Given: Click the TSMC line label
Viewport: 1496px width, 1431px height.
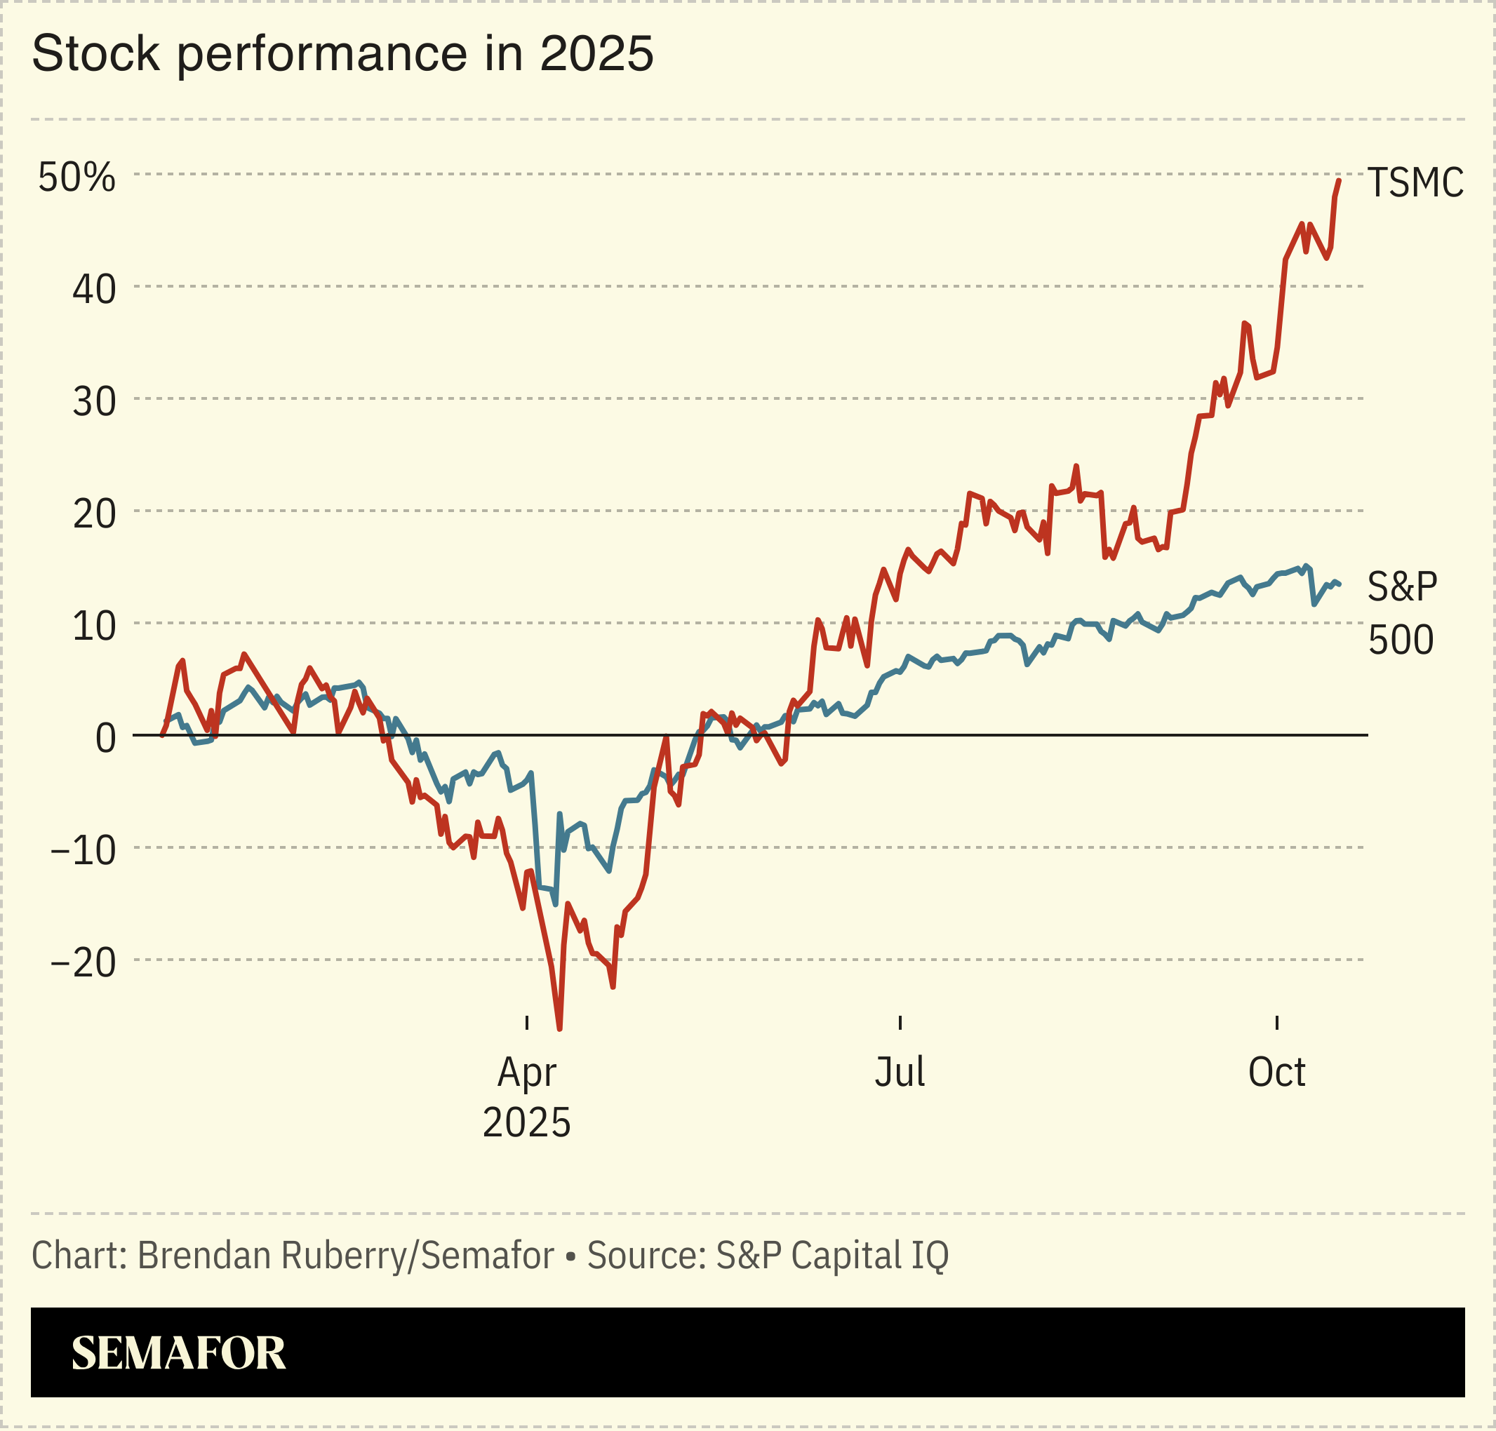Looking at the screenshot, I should coord(1415,183).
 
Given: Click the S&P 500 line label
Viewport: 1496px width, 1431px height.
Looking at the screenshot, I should coord(1401,613).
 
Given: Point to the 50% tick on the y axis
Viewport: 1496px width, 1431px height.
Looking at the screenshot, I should coord(77,177).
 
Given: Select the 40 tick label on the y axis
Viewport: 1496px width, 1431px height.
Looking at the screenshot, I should coord(94,290).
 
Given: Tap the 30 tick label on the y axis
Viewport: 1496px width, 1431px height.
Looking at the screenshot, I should coord(94,402).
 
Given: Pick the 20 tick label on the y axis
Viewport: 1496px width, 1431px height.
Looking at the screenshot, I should coord(94,515).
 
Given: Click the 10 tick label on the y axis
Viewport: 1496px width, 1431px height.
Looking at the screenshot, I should coord(94,627).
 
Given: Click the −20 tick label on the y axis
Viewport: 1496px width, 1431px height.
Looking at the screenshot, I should coord(84,963).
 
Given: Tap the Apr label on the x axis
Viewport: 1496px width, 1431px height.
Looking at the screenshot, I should coord(526,1073).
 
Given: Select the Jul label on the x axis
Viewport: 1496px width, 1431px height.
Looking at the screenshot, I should coord(900,1073).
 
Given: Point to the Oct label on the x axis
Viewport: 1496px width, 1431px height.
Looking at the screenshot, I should coord(1276,1073).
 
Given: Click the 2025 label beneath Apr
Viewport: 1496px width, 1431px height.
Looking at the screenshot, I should coord(526,1123).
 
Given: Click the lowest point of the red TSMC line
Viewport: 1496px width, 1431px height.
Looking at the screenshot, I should coord(559,1029).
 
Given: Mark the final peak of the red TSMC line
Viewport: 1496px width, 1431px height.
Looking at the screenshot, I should coord(1339,181).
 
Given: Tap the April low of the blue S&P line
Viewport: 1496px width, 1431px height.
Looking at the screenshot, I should coord(555,904).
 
